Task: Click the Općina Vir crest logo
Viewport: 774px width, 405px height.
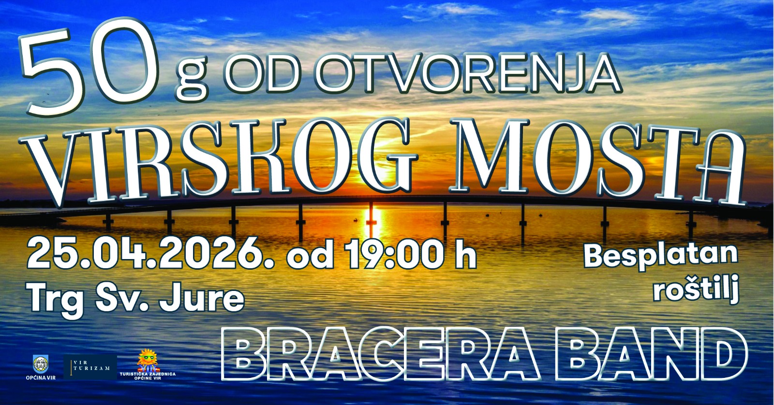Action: [40, 364]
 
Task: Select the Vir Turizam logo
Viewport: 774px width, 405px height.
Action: [90, 367]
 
